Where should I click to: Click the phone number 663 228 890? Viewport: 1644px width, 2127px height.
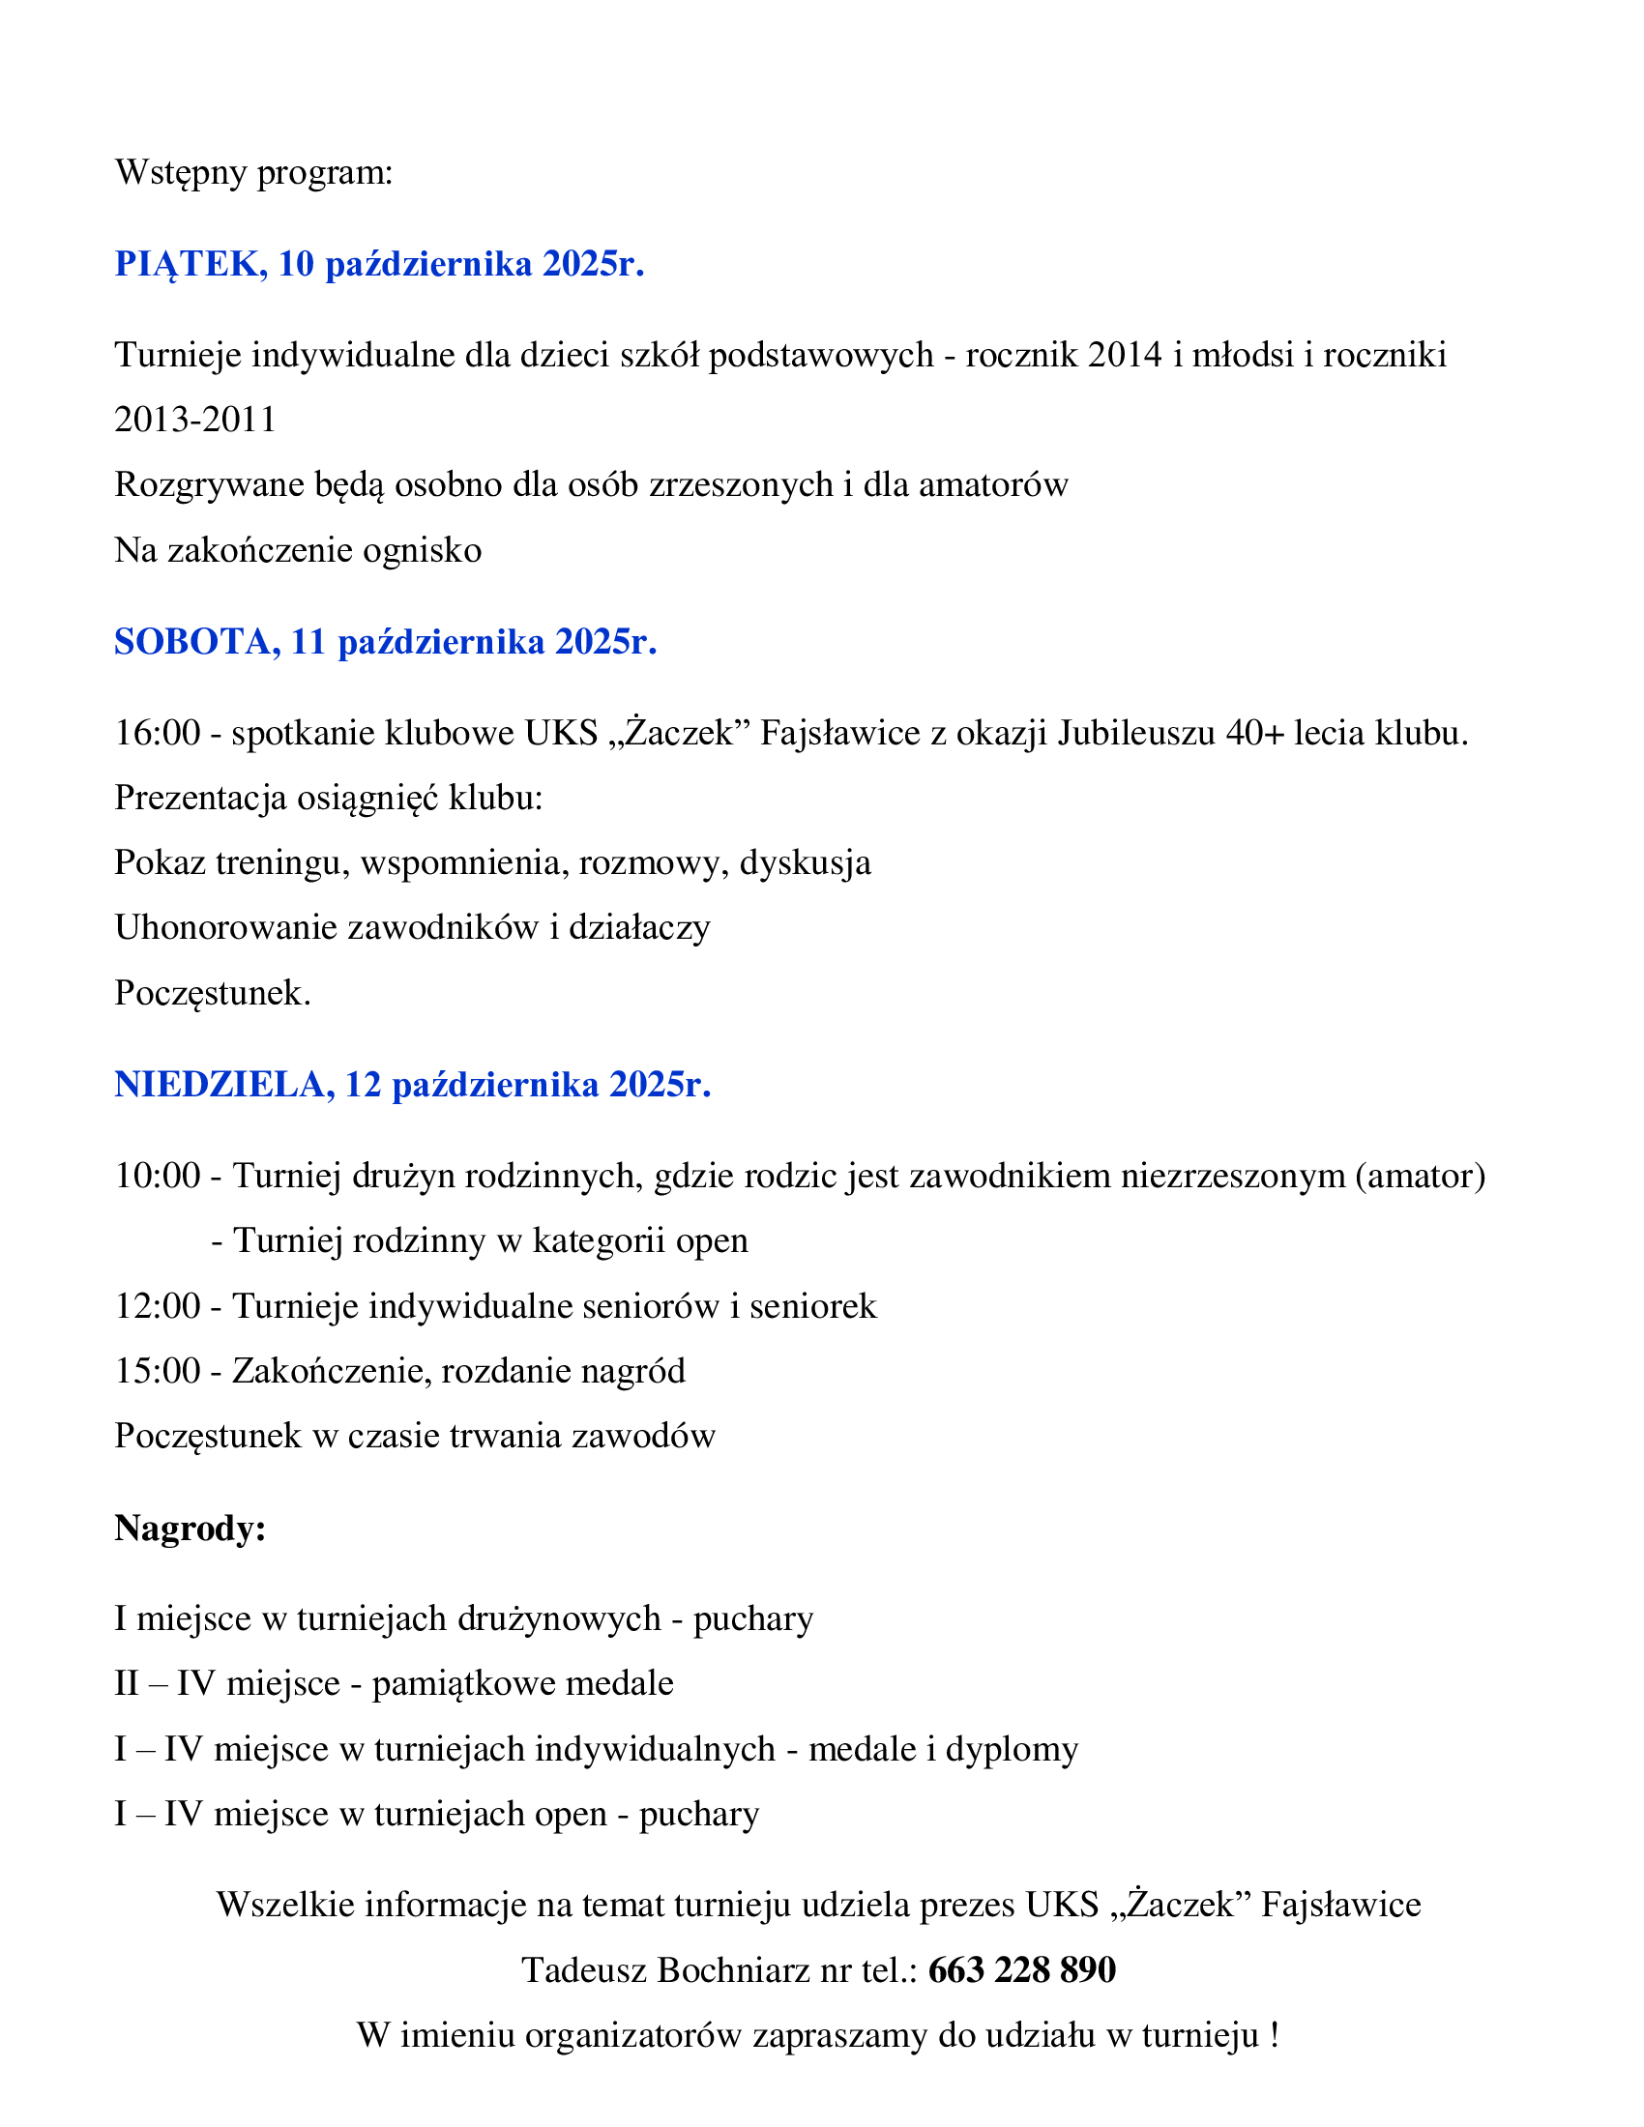point(1021,1969)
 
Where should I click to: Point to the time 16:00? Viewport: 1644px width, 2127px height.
point(158,733)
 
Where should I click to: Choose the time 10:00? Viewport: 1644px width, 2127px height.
point(158,1176)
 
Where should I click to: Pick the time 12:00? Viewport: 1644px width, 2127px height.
point(158,1306)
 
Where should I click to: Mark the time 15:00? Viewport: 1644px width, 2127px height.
point(158,1371)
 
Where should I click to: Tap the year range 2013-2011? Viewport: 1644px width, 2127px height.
point(195,420)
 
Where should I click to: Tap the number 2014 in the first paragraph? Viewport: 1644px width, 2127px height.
point(1125,355)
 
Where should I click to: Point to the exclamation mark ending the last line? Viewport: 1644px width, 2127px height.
point(1274,2034)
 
